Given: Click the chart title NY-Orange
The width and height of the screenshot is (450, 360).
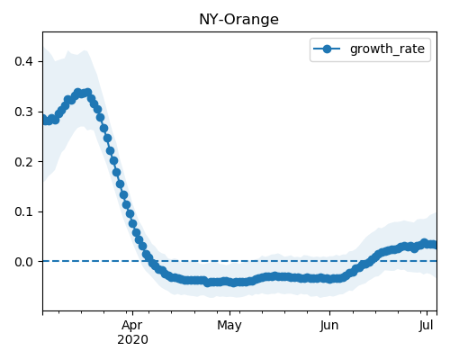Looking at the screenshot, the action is [238, 20].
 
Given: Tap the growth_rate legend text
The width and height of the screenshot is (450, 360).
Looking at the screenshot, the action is [387, 49].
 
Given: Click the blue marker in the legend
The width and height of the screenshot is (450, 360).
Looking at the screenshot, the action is [327, 49].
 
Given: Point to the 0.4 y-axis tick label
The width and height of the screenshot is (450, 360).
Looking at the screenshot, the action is [24, 61].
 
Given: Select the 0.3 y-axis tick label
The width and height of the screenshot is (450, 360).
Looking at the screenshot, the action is [24, 112].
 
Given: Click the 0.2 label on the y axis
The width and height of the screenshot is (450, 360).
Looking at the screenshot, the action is [24, 162].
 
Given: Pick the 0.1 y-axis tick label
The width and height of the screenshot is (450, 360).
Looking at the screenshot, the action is [24, 211].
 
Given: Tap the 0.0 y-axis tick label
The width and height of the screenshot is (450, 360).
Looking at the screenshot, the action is [24, 262].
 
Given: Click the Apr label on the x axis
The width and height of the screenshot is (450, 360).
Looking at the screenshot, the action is [132, 326].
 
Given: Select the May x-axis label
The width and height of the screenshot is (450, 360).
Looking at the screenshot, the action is [229, 326].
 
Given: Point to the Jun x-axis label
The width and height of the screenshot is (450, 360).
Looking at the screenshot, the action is [329, 326].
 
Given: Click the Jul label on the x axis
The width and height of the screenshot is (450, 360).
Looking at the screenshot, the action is [427, 326].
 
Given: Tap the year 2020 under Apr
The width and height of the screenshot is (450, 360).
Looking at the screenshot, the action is [132, 339].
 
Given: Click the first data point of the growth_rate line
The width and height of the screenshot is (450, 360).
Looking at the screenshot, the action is [44, 119].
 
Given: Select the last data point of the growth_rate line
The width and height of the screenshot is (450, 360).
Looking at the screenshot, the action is [433, 245].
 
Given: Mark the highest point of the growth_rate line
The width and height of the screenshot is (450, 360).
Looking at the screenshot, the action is [88, 93].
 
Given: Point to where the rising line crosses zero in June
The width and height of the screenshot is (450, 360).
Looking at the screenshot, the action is [369, 261].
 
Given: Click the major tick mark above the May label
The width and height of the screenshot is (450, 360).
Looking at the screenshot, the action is [229, 313].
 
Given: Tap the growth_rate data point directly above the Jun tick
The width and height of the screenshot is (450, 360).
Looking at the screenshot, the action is [329, 279].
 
